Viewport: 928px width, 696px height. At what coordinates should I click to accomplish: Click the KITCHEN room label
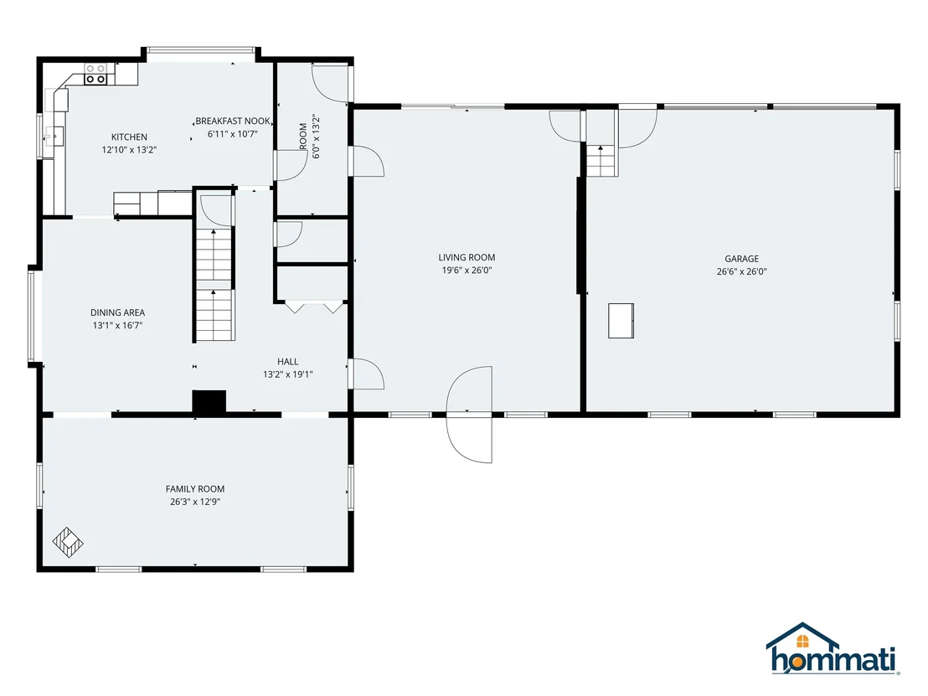129,137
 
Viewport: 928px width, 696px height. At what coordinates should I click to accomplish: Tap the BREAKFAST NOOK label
233,121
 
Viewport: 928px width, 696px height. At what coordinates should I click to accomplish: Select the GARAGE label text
741,259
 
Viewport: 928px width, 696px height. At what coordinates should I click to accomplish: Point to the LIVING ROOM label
467,257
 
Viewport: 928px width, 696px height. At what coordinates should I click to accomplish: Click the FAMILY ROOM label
194,489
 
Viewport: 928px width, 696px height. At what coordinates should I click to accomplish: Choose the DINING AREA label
117,312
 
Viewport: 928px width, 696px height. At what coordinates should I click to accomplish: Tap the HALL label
287,362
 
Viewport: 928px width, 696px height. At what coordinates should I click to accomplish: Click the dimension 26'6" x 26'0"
741,271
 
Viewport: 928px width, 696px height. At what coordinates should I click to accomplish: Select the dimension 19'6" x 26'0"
467,271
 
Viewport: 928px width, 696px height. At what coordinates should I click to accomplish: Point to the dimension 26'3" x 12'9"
194,502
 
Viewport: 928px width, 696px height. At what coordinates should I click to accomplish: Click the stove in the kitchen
95,74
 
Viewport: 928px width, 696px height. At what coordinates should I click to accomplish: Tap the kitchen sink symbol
54,137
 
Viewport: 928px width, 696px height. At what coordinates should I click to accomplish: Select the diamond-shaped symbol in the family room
68,543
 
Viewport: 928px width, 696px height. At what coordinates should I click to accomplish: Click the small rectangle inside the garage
621,321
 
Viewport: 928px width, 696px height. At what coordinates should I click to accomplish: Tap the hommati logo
833,648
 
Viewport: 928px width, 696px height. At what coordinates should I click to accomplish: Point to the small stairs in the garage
601,160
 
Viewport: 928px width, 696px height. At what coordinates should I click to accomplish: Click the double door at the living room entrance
469,415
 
